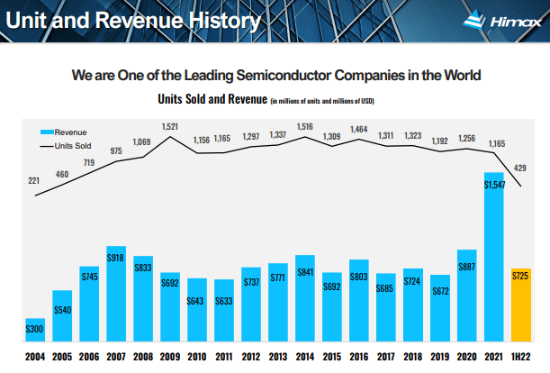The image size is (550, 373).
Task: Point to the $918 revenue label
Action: pyautogui.click(x=115, y=258)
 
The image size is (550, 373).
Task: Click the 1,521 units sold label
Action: pyautogui.click(x=170, y=126)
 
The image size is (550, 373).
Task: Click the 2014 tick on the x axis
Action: pyautogui.click(x=305, y=357)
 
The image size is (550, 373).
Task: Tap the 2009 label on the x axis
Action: pyautogui.click(x=170, y=357)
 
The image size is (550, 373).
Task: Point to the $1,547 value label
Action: pyautogui.click(x=494, y=185)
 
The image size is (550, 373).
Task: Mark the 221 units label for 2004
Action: pyautogui.click(x=34, y=181)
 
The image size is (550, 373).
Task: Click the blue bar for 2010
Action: pyautogui.click(x=197, y=311)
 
